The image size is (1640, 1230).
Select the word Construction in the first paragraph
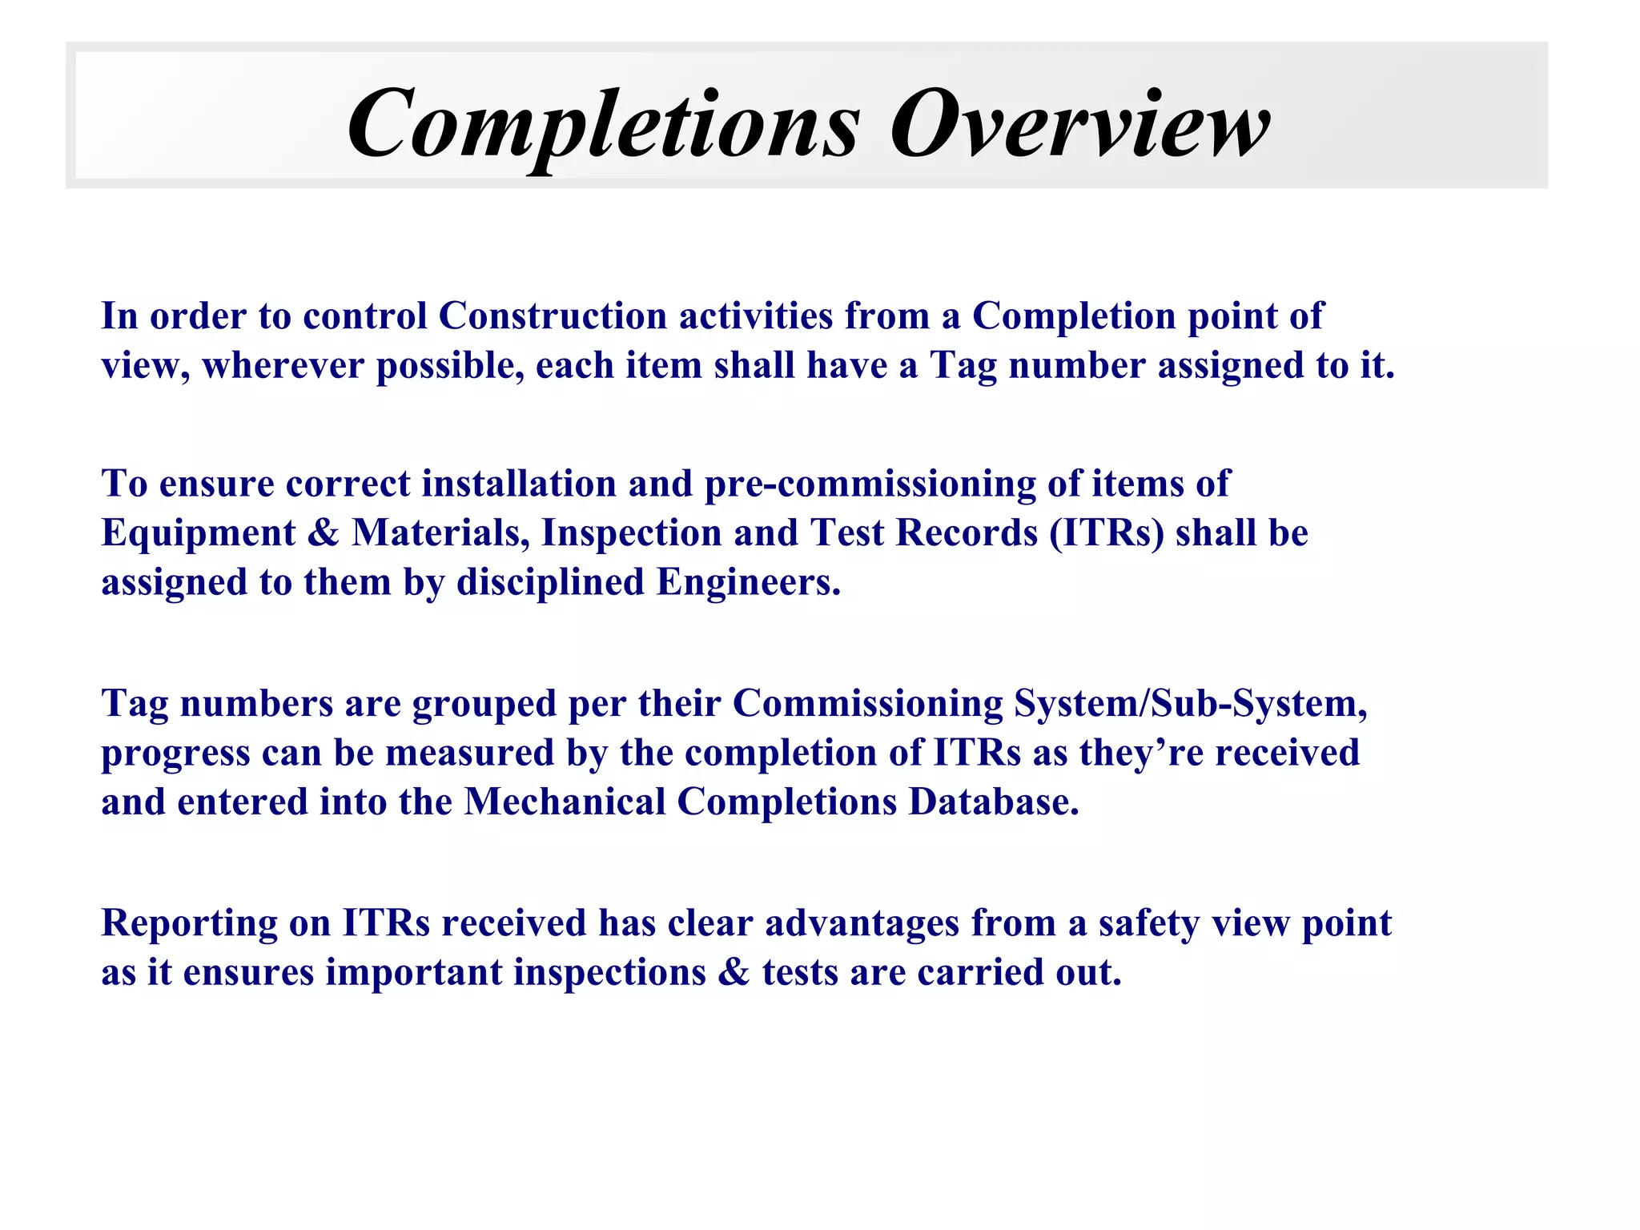tap(553, 316)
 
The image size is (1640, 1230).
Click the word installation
tap(519, 484)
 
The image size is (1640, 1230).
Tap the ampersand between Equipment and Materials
tap(323, 533)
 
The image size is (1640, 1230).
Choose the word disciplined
tap(550, 583)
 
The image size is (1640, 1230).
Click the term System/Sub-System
tap(1190, 705)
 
